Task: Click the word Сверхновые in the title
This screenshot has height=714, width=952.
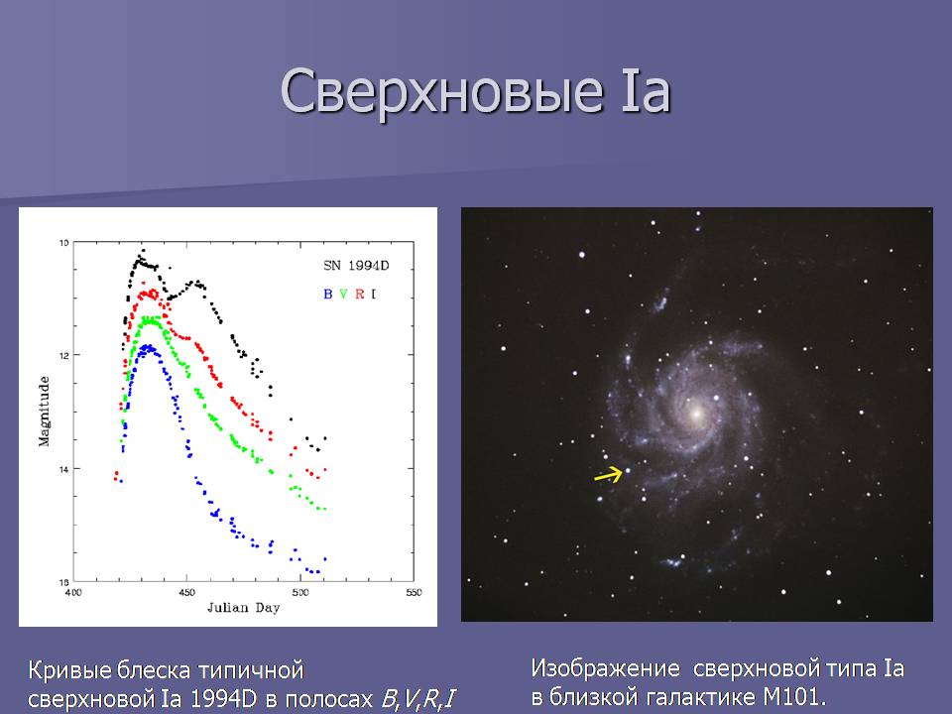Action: (442, 91)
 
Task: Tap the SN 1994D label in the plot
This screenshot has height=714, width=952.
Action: (356, 266)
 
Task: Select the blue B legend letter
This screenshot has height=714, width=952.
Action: (328, 294)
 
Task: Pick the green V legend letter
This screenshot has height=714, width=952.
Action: (344, 294)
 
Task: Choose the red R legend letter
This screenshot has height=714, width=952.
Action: (359, 294)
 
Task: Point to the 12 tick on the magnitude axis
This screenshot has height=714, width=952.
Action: (63, 355)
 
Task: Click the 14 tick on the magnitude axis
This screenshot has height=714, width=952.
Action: (63, 469)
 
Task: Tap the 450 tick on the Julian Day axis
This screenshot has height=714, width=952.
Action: (187, 593)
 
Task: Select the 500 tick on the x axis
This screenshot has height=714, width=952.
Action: (299, 593)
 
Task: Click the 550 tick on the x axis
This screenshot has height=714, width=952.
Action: (414, 593)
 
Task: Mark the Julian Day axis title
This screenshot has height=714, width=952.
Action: (244, 608)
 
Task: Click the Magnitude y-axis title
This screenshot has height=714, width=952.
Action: (45, 411)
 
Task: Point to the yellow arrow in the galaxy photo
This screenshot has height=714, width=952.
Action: (608, 474)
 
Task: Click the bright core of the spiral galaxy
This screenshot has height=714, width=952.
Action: (696, 414)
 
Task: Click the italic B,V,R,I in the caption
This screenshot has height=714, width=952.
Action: (418, 699)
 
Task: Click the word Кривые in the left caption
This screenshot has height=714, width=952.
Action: (68, 671)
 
